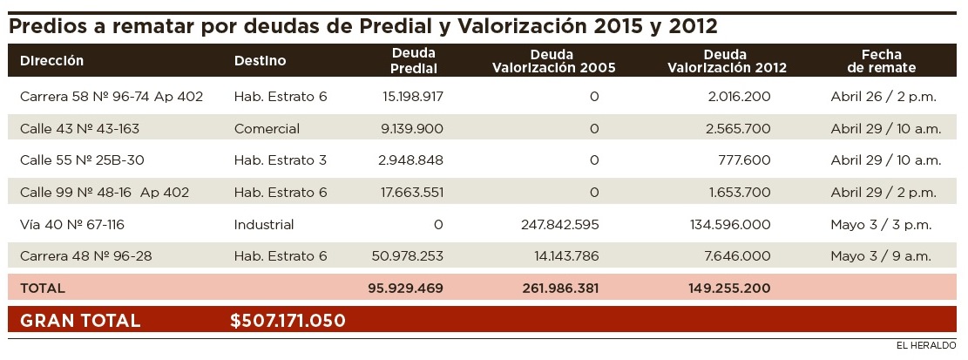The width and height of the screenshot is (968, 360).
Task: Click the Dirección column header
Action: [51, 61]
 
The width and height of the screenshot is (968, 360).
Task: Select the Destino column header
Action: [260, 61]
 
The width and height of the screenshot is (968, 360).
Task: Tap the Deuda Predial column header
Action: [414, 61]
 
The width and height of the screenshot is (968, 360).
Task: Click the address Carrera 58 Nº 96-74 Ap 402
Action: [111, 97]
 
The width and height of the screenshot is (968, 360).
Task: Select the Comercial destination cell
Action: [267, 129]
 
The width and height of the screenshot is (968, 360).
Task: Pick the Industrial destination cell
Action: [264, 225]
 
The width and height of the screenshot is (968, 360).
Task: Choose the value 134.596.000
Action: [728, 225]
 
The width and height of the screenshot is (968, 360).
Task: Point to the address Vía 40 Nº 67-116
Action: [71, 225]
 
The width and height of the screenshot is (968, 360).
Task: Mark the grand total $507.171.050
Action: [288, 321]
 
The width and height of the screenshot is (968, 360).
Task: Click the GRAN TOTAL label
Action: [80, 321]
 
